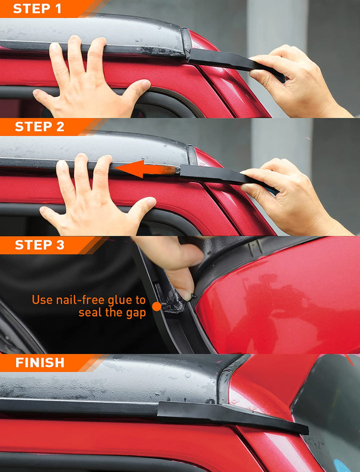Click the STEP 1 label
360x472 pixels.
tap(37, 9)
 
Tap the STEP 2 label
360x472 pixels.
tap(39, 127)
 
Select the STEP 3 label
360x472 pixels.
tap(39, 245)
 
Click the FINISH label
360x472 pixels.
tap(39, 362)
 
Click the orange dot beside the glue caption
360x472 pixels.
tap(156, 306)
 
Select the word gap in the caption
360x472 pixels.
tap(136, 313)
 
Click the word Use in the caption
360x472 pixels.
tap(42, 300)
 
